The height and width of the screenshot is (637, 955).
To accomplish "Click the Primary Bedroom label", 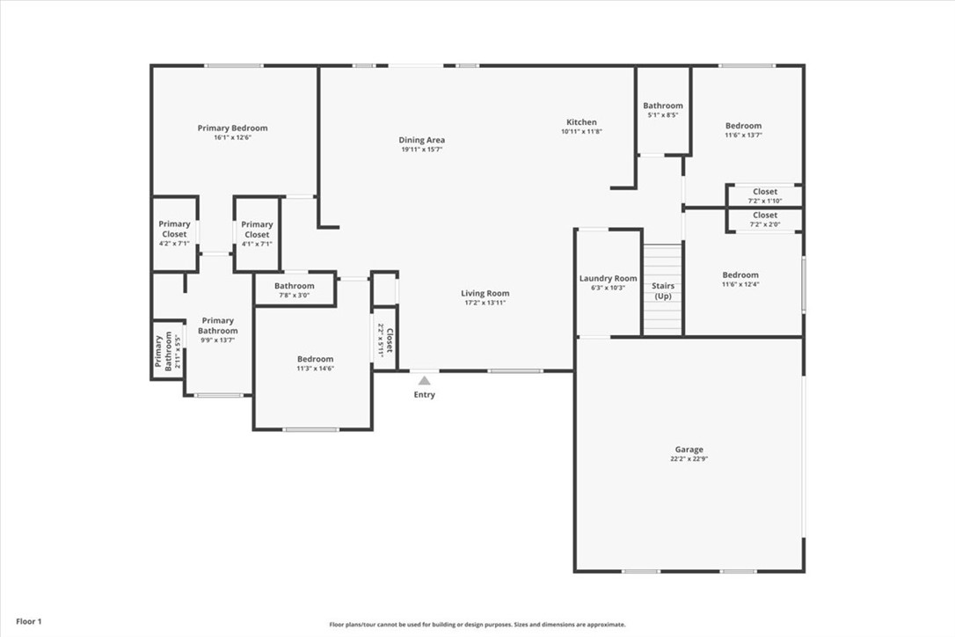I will click(x=232, y=128).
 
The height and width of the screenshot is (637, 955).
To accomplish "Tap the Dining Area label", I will click(x=421, y=140).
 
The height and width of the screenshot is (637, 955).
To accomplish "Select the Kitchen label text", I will click(x=581, y=122).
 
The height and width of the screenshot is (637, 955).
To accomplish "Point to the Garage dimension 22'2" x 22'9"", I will click(x=689, y=459).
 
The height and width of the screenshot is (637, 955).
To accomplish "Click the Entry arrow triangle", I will click(x=424, y=380).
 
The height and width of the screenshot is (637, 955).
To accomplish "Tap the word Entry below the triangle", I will click(x=424, y=395).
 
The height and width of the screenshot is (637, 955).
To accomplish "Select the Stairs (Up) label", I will click(x=662, y=290).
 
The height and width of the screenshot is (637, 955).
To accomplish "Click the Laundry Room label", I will click(x=608, y=279).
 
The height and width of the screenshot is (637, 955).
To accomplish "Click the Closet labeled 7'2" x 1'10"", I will click(x=764, y=192).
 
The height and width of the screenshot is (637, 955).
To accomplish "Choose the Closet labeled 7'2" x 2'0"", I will click(x=764, y=216).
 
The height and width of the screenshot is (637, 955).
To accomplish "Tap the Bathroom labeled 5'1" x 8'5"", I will click(x=662, y=106).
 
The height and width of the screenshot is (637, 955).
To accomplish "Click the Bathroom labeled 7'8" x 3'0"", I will click(x=294, y=286).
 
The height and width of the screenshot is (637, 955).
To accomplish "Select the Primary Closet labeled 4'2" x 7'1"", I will click(x=174, y=230).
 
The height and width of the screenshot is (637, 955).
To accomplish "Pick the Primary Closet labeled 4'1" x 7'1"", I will click(x=257, y=230).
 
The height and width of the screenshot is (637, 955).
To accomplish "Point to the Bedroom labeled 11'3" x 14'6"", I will click(x=315, y=359).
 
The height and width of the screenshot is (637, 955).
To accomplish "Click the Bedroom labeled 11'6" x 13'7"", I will click(x=743, y=126).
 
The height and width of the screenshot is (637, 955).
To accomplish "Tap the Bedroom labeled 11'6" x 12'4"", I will click(x=740, y=275).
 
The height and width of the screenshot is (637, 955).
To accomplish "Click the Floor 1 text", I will click(x=28, y=621).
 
